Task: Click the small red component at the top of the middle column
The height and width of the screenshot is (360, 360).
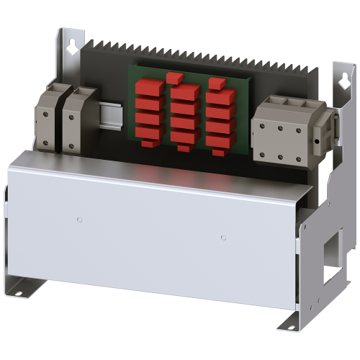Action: click(x=174, y=76)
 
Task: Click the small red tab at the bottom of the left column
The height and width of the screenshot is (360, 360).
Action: click(x=149, y=144)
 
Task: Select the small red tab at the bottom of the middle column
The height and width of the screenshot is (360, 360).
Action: click(x=184, y=148)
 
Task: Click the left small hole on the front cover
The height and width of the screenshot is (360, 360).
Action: click(x=80, y=218)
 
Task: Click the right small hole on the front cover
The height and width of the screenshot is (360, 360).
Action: click(x=223, y=236)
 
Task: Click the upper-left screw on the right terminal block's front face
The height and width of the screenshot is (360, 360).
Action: click(x=264, y=127)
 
